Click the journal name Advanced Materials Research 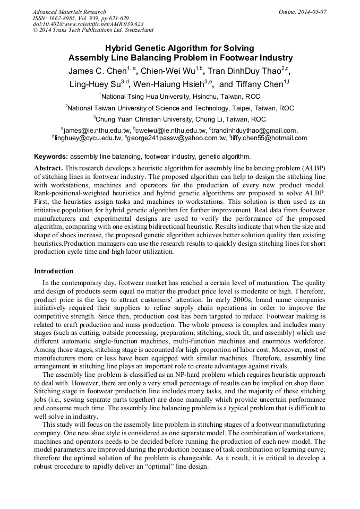pyautogui.click(x=69, y=12)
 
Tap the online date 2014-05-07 pyautogui.click(x=312, y=12)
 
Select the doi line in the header pyautogui.click(x=88, y=24)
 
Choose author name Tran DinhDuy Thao pyautogui.click(x=243, y=71)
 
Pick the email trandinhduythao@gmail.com pyautogui.click(x=254, y=130)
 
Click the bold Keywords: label pyautogui.click(x=51, y=157)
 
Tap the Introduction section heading pyautogui.click(x=54, y=271)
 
